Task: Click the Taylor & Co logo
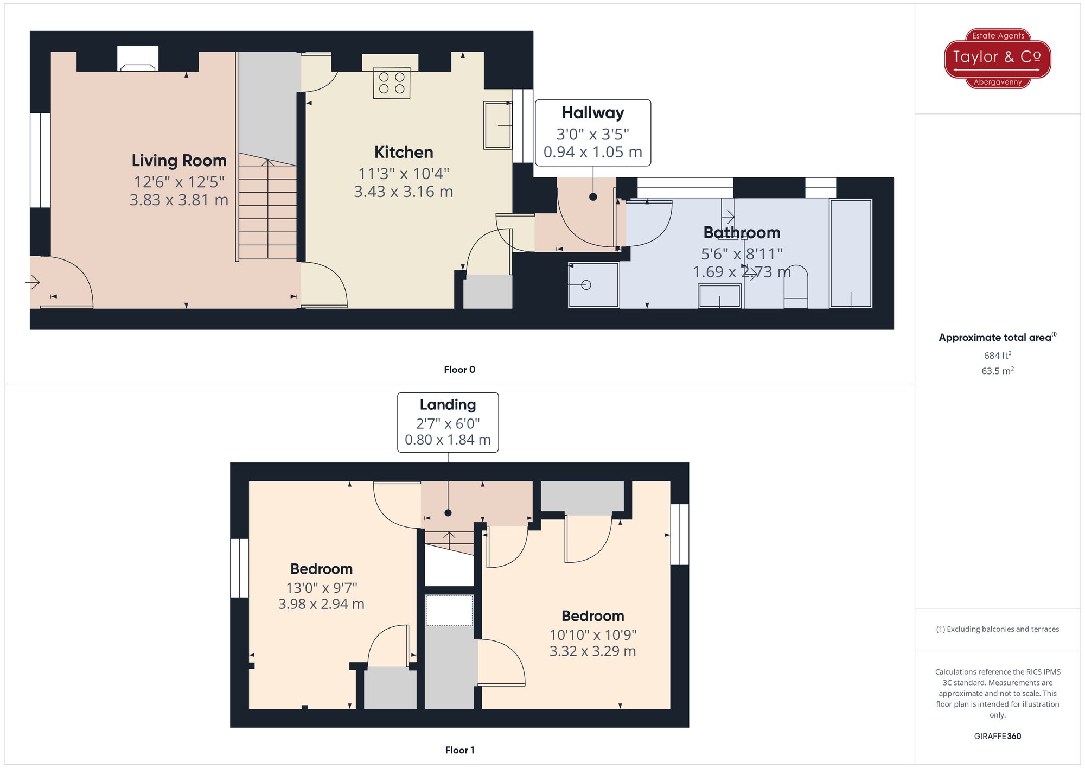998,59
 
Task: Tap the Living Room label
179,161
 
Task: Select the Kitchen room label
404,153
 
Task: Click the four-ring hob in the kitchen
392,83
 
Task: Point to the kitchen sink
498,125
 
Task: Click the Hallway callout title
593,113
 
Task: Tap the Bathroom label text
742,233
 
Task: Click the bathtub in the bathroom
851,253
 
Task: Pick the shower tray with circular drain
593,285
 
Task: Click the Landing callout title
448,405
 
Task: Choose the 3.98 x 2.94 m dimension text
321,604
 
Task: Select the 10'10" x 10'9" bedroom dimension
593,634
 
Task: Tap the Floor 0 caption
459,370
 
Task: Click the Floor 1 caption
459,750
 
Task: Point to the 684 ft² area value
998,356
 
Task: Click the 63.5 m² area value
998,371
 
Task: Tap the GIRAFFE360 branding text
998,737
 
